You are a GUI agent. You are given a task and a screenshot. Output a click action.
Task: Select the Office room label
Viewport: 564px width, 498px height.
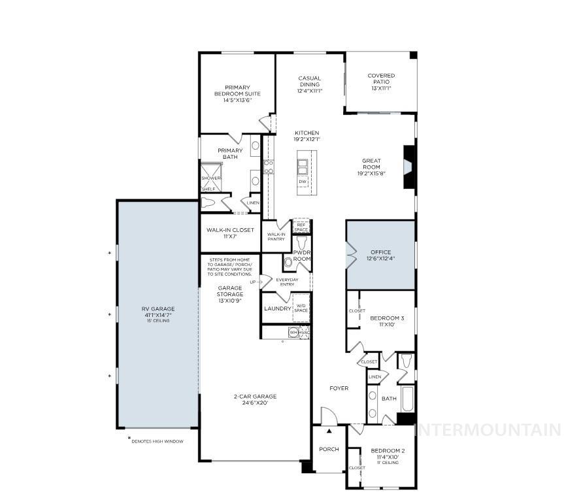pyautogui.click(x=380, y=252)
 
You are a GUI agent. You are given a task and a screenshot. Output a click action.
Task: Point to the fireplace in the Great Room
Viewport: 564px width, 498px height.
pyautogui.click(x=408, y=167)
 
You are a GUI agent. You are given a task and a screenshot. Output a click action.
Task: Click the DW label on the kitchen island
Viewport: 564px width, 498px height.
pyautogui.click(x=303, y=182)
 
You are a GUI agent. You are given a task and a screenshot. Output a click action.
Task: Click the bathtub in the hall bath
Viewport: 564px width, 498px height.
pyautogui.click(x=406, y=398)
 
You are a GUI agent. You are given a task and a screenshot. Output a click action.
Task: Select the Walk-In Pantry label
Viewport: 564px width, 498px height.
pyautogui.click(x=276, y=236)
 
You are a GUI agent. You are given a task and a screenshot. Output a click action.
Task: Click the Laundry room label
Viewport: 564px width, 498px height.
pyautogui.click(x=277, y=308)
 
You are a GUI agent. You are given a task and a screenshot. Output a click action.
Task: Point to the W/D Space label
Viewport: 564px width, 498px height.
pyautogui.click(x=301, y=307)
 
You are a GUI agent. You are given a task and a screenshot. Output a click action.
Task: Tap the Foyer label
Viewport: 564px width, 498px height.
pyautogui.click(x=339, y=388)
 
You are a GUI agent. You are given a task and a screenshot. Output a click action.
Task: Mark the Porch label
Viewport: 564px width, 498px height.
pyautogui.click(x=328, y=449)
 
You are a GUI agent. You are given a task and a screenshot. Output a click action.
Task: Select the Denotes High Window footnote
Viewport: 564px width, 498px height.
pyautogui.click(x=158, y=441)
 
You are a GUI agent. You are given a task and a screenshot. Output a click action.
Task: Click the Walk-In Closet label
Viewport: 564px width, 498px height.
pyautogui.click(x=230, y=230)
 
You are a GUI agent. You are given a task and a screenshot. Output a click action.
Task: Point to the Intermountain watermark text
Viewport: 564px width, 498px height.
pyautogui.click(x=489, y=430)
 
